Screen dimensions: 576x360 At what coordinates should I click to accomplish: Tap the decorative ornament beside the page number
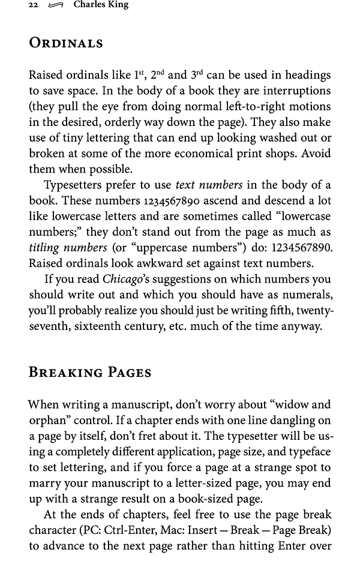click(56, 6)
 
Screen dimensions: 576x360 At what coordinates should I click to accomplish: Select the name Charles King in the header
click(101, 5)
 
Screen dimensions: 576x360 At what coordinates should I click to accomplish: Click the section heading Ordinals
click(66, 43)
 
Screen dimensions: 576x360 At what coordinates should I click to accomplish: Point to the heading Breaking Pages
click(90, 372)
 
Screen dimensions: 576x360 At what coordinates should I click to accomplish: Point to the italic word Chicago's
click(128, 279)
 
